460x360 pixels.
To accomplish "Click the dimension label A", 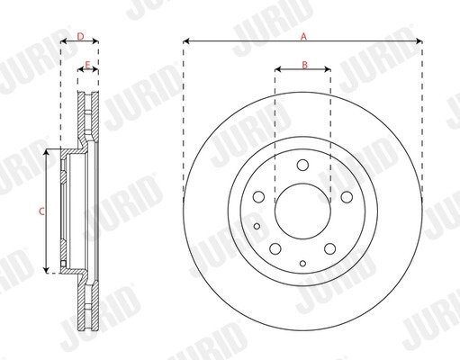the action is [x=304, y=37].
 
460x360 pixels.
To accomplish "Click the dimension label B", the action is [x=304, y=65].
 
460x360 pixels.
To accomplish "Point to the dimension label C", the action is [x=42, y=211].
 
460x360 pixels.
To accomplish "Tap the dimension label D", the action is [x=80, y=37].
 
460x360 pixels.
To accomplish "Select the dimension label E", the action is [x=87, y=65].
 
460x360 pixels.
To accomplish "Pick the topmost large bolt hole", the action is [x=302, y=165].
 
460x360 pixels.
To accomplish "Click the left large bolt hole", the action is [x=258, y=197].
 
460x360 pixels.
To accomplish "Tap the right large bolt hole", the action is [x=347, y=197].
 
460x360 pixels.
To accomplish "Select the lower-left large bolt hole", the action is [x=275, y=248].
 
